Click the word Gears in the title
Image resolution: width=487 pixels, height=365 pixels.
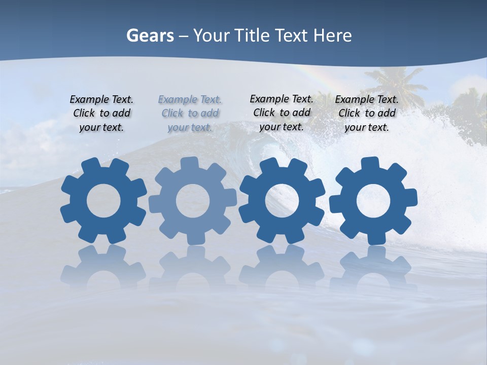tap(150, 35)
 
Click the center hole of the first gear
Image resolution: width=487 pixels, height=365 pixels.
tap(103, 201)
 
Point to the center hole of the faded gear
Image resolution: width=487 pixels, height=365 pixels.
tap(193, 201)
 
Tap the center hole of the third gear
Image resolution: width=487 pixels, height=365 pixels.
tap(282, 201)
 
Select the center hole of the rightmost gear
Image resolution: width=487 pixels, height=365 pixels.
tap(373, 201)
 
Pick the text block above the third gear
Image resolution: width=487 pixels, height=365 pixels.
tap(282, 113)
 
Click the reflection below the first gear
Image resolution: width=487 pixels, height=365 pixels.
tap(103, 266)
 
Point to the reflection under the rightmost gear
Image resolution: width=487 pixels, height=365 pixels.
tap(373, 266)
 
